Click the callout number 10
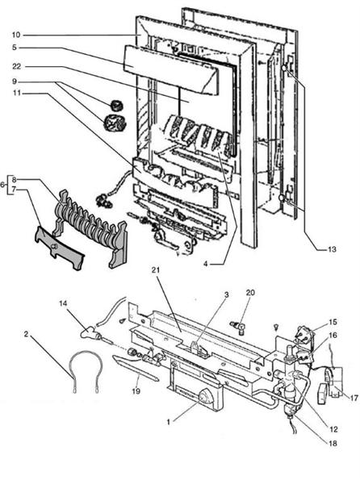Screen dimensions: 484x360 point(17,35)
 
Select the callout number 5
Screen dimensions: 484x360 point(17,47)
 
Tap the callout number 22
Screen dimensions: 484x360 point(17,65)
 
